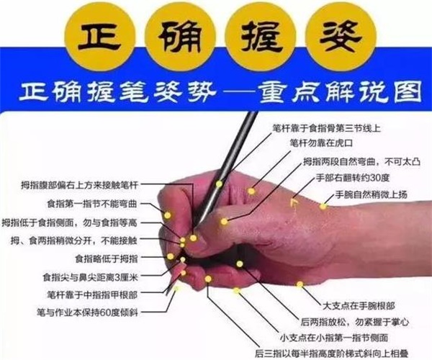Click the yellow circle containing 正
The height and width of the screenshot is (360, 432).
click(99, 37)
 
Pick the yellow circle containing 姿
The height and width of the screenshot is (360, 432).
click(341, 37)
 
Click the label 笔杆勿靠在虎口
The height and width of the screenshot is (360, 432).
click(321, 143)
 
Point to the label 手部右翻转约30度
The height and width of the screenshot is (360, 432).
click(353, 178)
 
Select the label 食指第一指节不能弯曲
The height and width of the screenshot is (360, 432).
click(92, 204)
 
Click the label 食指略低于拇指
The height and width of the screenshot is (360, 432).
click(107, 258)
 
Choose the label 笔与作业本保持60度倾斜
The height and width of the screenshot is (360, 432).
click(87, 312)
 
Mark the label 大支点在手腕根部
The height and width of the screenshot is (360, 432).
click(359, 305)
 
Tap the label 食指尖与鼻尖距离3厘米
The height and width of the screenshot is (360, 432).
click(90, 276)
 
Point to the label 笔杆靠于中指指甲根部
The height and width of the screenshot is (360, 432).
click(92, 294)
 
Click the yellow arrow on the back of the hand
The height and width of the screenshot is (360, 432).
click(294, 203)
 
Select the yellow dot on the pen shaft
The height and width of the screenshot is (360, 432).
click(219, 184)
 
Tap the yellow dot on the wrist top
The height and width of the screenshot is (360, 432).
click(323, 206)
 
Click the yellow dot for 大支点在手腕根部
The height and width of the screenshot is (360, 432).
click(300, 284)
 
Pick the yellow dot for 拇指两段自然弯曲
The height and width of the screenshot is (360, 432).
click(224, 221)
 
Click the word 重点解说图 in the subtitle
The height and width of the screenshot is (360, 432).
click(341, 91)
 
